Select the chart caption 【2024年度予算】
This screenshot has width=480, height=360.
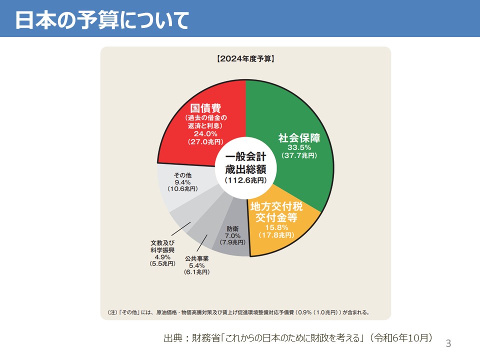[245, 58]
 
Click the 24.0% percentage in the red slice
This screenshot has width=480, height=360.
[205, 133]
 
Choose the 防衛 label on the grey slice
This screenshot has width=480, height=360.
[232, 228]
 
